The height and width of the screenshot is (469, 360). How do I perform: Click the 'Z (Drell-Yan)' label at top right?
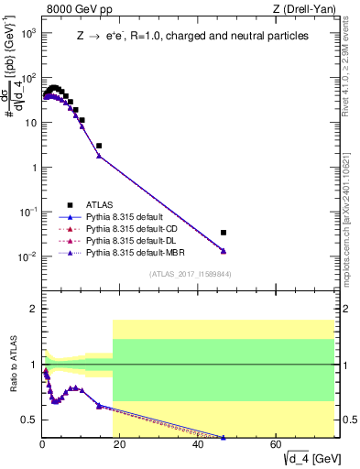click(x=309, y=8)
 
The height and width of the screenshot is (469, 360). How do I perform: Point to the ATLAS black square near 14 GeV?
click(x=99, y=146)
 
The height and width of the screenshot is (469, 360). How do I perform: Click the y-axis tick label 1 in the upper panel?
click(x=33, y=168)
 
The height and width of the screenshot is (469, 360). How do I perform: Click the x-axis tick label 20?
click(x=120, y=445)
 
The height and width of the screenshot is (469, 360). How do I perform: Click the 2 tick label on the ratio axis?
click(x=33, y=309)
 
